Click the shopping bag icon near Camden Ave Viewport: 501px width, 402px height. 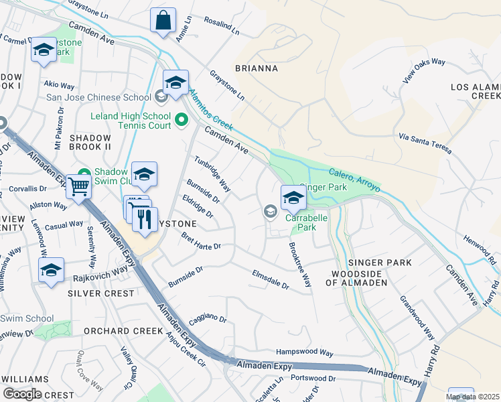163,21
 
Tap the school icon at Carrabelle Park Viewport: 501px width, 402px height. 293,197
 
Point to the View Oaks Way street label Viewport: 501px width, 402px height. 424,70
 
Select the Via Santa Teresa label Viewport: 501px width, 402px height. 424,143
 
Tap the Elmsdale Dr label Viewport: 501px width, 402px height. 270,279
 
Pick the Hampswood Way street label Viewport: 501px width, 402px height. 305,352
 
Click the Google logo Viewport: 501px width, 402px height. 21,394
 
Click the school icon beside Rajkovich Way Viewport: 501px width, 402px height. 51,270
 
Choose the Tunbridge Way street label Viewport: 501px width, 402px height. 212,175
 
